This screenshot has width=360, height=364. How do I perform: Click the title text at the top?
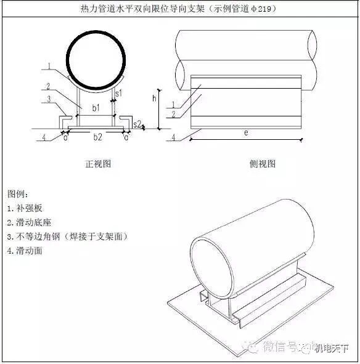pos(181,9)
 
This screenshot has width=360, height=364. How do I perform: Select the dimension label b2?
pos(97,137)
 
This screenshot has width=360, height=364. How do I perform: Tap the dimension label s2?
pos(137,124)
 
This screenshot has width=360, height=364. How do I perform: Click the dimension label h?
pos(155,99)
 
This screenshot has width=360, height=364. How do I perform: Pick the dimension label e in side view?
pos(245,133)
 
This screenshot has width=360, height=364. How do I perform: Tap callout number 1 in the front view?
pos(49,65)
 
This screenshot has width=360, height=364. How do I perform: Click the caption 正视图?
pos(97,164)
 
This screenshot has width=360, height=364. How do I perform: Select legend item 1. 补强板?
pos(25,208)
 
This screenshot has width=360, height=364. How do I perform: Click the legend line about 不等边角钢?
pos(68,237)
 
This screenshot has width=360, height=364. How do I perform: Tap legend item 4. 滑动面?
pos(25,251)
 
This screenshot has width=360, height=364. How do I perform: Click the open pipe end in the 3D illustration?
pos(213,265)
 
